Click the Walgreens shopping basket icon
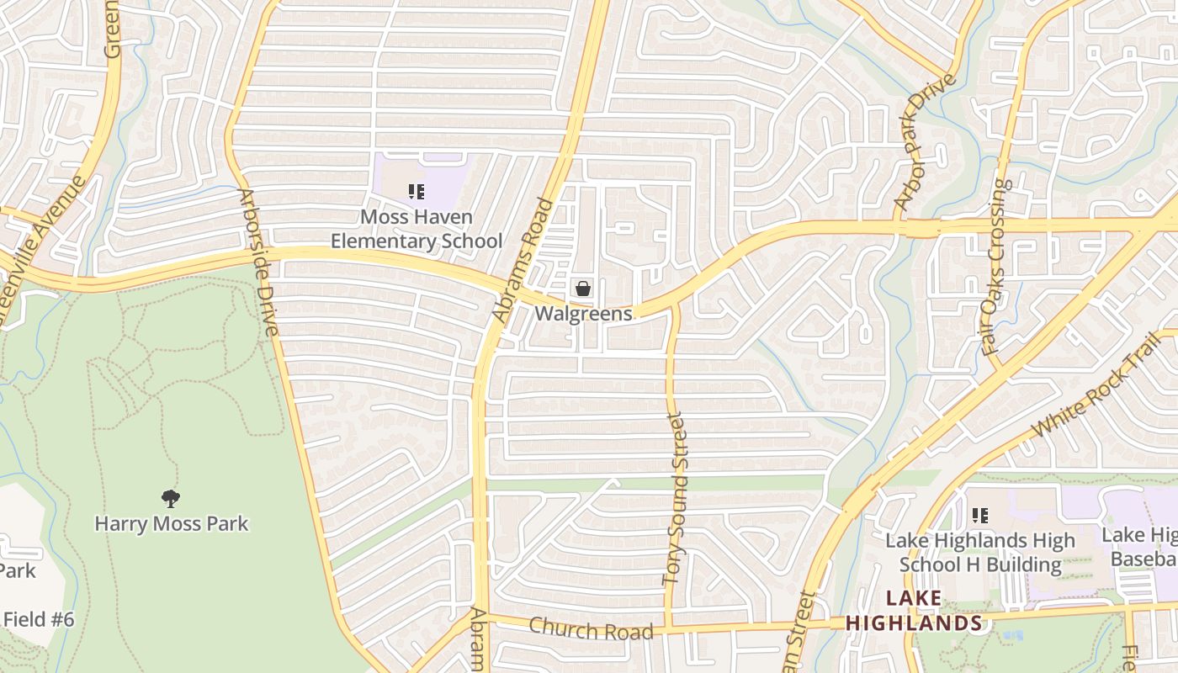point(582,289)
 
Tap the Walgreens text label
point(583,314)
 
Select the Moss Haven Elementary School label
point(416,229)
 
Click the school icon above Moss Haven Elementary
point(416,192)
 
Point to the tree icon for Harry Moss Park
point(171,498)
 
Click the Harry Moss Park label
point(171,523)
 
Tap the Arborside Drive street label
point(258,262)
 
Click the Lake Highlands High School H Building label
point(980,552)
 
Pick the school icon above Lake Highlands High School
point(979,515)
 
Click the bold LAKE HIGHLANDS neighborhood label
point(914,612)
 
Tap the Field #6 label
point(39,620)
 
